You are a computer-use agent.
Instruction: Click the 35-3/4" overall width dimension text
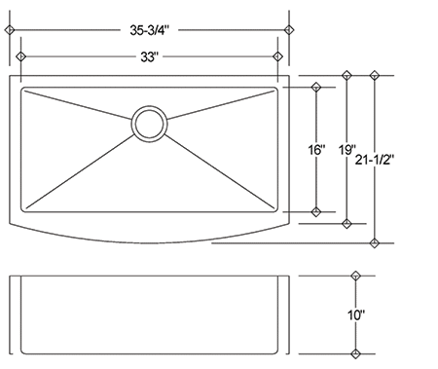click(x=150, y=30)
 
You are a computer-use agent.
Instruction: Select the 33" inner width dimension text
click(x=150, y=57)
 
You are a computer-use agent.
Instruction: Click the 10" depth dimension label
click(x=357, y=315)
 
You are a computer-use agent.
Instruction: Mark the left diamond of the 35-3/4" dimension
click(x=10, y=30)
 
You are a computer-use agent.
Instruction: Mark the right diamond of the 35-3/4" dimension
click(x=289, y=30)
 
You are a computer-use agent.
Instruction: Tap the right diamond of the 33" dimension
click(x=279, y=57)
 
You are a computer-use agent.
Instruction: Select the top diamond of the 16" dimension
click(x=315, y=88)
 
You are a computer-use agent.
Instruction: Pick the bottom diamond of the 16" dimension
click(x=315, y=211)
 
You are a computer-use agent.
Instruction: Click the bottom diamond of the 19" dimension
click(x=347, y=224)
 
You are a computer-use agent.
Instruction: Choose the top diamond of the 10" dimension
click(x=357, y=277)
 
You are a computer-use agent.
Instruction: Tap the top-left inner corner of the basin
click(x=22, y=89)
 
